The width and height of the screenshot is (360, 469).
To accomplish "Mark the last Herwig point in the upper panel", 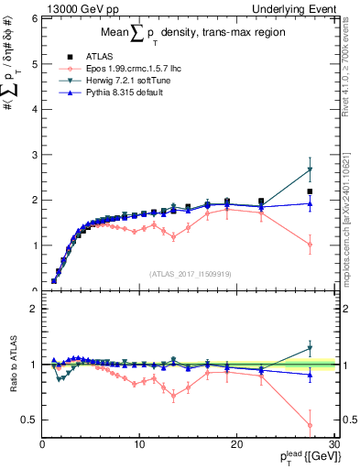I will pos(310,169).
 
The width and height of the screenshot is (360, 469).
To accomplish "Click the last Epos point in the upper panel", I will pos(310,245).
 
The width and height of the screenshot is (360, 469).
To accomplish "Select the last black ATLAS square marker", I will pos(310,191).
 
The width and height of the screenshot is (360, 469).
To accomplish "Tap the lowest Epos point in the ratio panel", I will pos(310,425).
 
